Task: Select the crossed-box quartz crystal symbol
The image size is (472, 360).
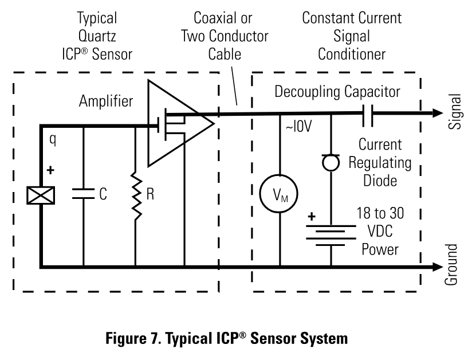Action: [x=41, y=196]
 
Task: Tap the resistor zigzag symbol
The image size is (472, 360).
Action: [x=136, y=195]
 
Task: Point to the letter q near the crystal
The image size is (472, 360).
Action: [x=52, y=140]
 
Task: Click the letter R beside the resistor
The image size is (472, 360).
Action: [x=151, y=194]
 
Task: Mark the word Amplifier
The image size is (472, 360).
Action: [x=106, y=102]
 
